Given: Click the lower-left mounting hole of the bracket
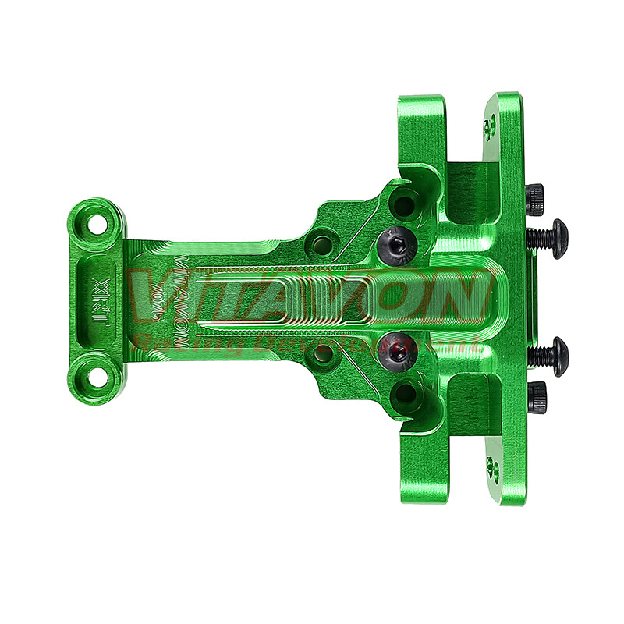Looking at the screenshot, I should click(97, 378).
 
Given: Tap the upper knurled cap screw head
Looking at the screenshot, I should click(535, 199).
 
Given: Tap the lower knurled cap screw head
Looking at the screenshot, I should click(536, 397).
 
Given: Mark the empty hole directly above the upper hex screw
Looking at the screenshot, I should click(403, 206).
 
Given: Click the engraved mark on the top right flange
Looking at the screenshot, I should click(490, 127).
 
